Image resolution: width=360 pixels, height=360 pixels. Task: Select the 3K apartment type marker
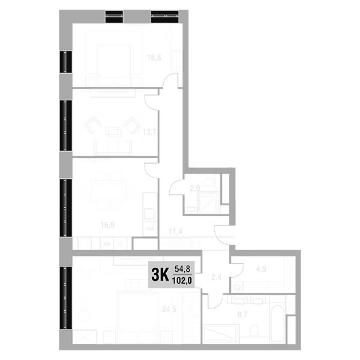click(159, 275)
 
